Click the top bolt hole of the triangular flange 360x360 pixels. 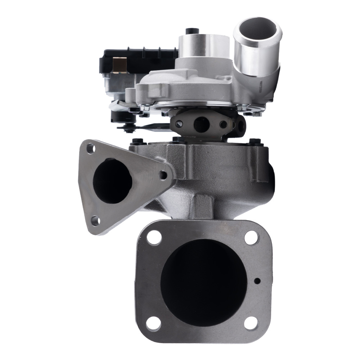(91, 148)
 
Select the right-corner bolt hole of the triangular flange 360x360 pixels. (163, 175)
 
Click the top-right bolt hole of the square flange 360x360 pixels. (251, 238)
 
